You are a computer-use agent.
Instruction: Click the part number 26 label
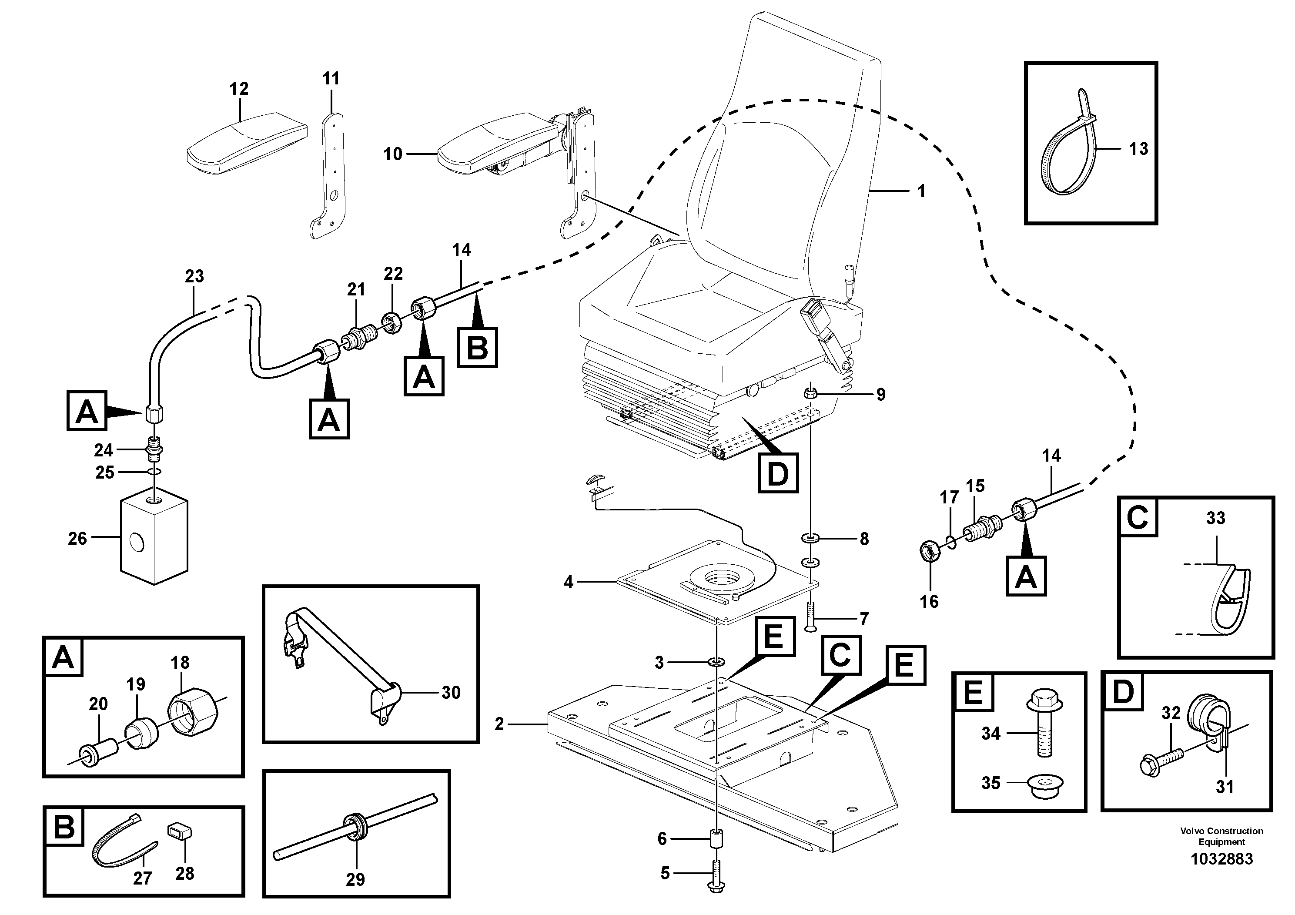tap(77, 539)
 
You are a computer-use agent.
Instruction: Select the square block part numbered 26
tap(154, 536)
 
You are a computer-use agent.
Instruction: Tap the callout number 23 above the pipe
tap(194, 276)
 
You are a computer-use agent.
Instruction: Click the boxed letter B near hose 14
tap(477, 347)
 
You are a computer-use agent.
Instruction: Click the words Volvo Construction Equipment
tap(1221, 836)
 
